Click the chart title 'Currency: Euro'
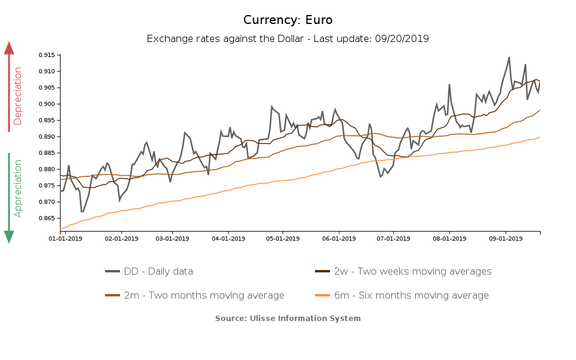point(288,20)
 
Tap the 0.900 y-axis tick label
point(46,104)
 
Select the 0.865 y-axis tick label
point(46,218)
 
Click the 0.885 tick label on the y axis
point(46,153)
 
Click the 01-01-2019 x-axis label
point(65,238)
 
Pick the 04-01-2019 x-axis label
point(228,238)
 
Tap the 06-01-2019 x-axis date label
point(339,238)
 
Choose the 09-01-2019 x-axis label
point(506,238)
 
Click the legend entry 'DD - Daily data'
point(158,271)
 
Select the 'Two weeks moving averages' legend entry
point(412,271)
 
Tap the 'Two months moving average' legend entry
point(204,295)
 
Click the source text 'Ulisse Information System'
point(305,318)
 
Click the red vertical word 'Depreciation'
point(18,96)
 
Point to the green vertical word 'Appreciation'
point(18,188)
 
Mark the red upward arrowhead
point(9,48)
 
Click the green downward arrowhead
point(9,236)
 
